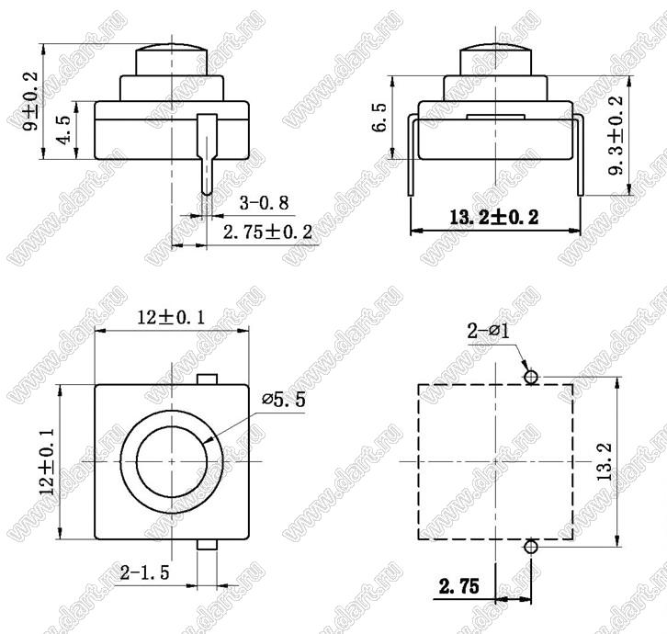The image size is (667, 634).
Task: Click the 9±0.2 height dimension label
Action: pyautogui.click(x=30, y=101)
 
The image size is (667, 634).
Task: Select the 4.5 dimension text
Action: pyautogui.click(x=64, y=130)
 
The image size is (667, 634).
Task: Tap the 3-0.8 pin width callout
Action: pyautogui.click(x=265, y=203)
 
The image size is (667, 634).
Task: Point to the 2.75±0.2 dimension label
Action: pyautogui.click(x=267, y=232)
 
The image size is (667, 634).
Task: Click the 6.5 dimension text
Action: pyautogui.click(x=379, y=118)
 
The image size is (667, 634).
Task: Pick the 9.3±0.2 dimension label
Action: pyautogui.click(x=616, y=135)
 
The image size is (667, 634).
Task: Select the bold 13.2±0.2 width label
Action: pyautogui.click(x=494, y=218)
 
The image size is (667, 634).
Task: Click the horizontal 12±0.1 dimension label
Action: pyautogui.click(x=171, y=317)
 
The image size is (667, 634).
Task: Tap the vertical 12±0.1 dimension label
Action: pyautogui.click(x=48, y=461)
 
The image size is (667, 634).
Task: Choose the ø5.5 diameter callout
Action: pyautogui.click(x=284, y=400)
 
